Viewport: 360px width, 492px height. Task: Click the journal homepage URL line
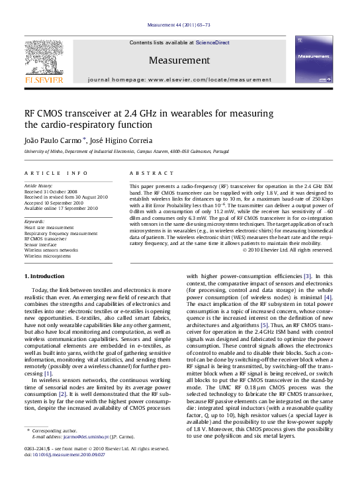pyautogui.click(x=179, y=79)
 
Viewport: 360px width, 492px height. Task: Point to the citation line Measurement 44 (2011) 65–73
pyautogui.click(x=179, y=25)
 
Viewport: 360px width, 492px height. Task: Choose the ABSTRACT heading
pyautogui.click(x=146, y=173)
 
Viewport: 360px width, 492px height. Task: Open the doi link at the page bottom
pyautogui.click(x=67, y=455)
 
